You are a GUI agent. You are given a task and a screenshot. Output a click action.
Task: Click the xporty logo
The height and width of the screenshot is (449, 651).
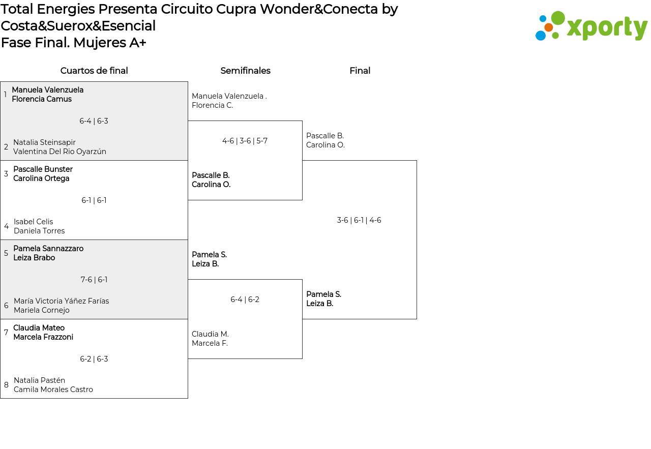[x=591, y=26]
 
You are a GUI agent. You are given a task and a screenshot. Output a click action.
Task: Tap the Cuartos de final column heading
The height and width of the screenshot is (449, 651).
[x=94, y=71]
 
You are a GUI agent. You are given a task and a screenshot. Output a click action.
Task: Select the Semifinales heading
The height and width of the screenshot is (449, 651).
[x=245, y=71]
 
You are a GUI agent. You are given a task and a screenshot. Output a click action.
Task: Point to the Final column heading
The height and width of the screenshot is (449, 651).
[x=360, y=71]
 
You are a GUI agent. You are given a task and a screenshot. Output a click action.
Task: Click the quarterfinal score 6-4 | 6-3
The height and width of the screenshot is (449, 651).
[x=94, y=121]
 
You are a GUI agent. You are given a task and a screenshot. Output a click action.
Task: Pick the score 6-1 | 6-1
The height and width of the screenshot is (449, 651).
[x=94, y=200]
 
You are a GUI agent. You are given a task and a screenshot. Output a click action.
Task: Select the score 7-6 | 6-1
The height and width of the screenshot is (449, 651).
[x=94, y=280]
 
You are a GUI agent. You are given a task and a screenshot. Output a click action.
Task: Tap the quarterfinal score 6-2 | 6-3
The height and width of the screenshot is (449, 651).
[x=94, y=359]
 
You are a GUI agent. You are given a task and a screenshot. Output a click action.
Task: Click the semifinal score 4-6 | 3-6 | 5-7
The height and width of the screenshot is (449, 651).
[x=245, y=141]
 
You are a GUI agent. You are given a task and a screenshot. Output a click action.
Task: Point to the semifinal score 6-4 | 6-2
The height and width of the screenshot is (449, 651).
[x=245, y=300]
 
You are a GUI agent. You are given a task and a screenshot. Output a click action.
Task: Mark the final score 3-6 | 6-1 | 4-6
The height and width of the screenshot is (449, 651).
[x=359, y=220]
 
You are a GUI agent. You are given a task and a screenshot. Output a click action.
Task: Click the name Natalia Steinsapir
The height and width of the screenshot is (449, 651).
[x=44, y=142]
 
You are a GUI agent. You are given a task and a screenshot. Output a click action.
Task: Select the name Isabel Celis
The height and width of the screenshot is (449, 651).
[x=34, y=222]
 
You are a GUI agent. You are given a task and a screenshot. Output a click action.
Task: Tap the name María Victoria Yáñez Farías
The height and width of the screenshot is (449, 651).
[x=62, y=301]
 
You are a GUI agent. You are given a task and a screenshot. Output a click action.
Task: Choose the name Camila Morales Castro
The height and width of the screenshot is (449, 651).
[x=53, y=390]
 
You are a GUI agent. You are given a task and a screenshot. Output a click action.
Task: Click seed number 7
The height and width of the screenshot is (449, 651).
[x=6, y=333]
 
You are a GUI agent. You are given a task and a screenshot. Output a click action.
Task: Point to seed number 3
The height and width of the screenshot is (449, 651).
[x=6, y=174]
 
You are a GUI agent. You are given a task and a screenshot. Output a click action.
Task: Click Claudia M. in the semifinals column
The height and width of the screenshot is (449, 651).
[x=210, y=334]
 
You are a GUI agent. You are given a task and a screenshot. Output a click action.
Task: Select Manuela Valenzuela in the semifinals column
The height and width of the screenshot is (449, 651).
[x=227, y=96]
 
